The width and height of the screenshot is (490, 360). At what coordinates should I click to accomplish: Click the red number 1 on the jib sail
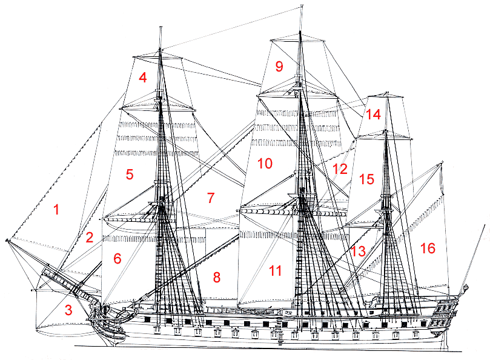56,210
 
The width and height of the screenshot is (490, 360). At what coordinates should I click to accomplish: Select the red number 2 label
89,238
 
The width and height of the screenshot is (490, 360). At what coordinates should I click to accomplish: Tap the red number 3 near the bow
68,311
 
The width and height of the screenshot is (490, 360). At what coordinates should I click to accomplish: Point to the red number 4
142,78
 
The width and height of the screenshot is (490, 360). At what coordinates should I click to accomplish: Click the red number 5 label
129,175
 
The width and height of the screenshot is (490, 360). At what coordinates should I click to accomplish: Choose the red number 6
118,258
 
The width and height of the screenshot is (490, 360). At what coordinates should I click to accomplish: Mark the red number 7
210,198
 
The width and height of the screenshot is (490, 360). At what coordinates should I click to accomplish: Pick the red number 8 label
216,277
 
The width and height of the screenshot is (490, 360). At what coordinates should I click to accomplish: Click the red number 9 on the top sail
279,67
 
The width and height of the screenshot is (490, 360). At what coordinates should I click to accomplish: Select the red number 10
265,164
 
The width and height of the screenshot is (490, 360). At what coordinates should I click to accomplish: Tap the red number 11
276,271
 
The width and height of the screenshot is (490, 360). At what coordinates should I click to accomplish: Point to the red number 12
340,169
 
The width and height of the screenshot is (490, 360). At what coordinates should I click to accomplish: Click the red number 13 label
359,251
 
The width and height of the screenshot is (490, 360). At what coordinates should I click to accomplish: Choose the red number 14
373,114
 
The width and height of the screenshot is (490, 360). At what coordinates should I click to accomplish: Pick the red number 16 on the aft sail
428,248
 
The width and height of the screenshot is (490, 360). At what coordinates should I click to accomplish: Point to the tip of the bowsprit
7,241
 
